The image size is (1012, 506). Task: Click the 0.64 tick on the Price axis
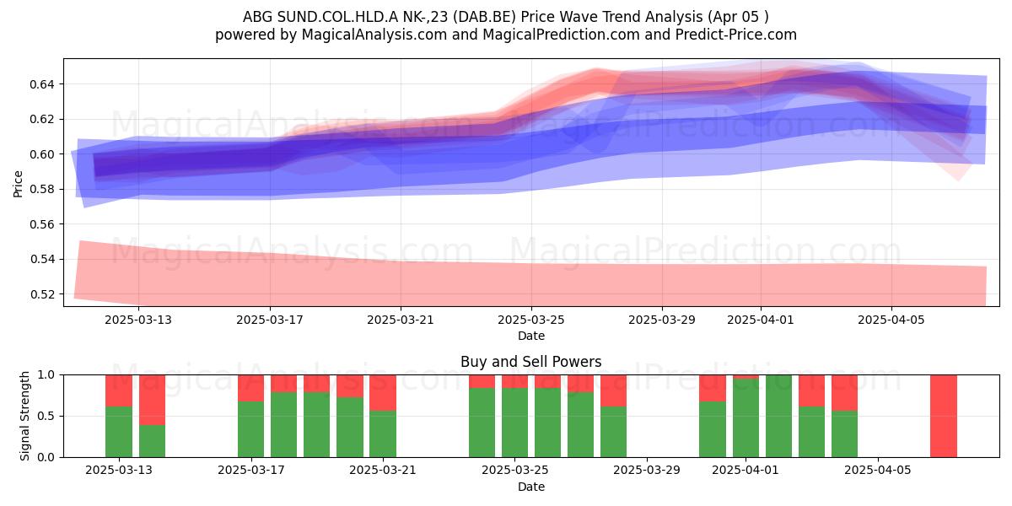[41, 84]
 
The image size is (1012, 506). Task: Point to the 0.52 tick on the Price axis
[41, 294]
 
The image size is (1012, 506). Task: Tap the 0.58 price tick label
[41, 189]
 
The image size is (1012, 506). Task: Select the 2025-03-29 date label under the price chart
[662, 320]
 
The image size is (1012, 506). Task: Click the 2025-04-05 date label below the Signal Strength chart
[878, 471]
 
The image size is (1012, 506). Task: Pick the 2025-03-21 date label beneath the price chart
[401, 320]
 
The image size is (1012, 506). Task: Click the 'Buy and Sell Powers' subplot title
[530, 362]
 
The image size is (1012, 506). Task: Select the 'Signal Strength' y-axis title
[24, 416]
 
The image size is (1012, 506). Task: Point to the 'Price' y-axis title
[18, 184]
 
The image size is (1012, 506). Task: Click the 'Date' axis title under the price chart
[530, 336]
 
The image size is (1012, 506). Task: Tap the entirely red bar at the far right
[944, 416]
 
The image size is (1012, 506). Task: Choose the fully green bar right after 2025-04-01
[778, 416]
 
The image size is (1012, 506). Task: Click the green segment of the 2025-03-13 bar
[119, 432]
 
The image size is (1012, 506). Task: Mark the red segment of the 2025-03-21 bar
[383, 393]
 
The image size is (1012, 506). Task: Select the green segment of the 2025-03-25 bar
[514, 423]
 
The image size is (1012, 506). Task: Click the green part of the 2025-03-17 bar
[250, 429]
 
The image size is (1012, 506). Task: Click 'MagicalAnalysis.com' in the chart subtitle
[374, 35]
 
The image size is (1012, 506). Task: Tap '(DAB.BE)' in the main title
[485, 17]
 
